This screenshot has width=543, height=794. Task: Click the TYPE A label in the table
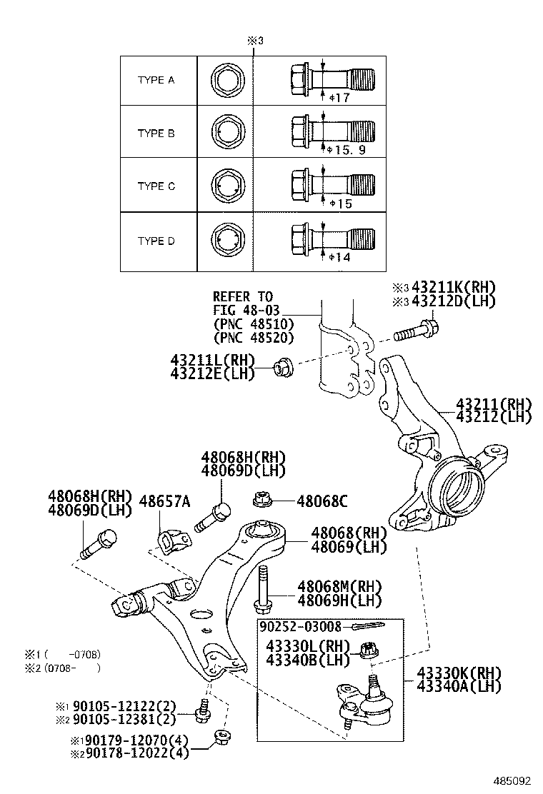tap(156, 80)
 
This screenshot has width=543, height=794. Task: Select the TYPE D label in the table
tap(156, 241)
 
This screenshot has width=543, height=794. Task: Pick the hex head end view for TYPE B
tap(227, 133)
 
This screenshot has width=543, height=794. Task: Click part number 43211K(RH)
tap(454, 287)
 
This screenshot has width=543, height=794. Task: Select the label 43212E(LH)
tap(213, 373)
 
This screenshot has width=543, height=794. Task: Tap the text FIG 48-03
tap(246, 310)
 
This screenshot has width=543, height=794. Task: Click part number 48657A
tap(164, 501)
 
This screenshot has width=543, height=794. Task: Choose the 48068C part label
tap(322, 501)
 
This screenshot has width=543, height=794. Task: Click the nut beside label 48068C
tap(262, 498)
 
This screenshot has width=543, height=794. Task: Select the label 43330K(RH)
tap(459, 673)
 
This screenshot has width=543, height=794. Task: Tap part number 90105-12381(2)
tap(124, 718)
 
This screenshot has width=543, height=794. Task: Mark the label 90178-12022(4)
tap(136, 753)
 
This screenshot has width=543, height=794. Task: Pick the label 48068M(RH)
tap(339, 587)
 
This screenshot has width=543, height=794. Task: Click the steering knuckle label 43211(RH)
tap(494, 403)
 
